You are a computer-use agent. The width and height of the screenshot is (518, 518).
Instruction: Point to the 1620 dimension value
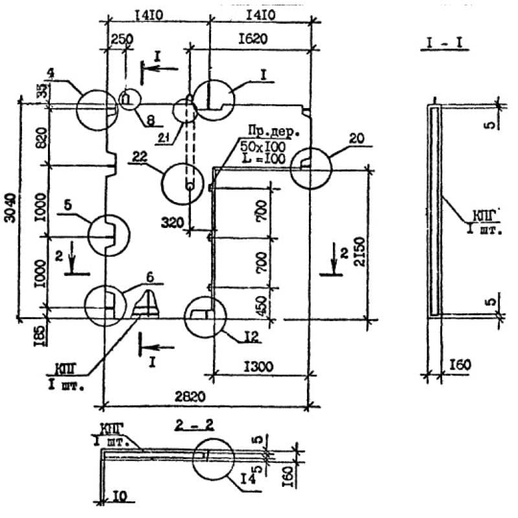pyautogui.click(x=259, y=40)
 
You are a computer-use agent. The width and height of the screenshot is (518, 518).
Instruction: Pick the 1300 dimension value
pyautogui.click(x=258, y=366)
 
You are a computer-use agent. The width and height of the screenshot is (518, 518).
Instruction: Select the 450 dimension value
pyautogui.click(x=261, y=303)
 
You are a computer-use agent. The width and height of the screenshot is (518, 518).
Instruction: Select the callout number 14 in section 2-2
pyautogui.click(x=246, y=479)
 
